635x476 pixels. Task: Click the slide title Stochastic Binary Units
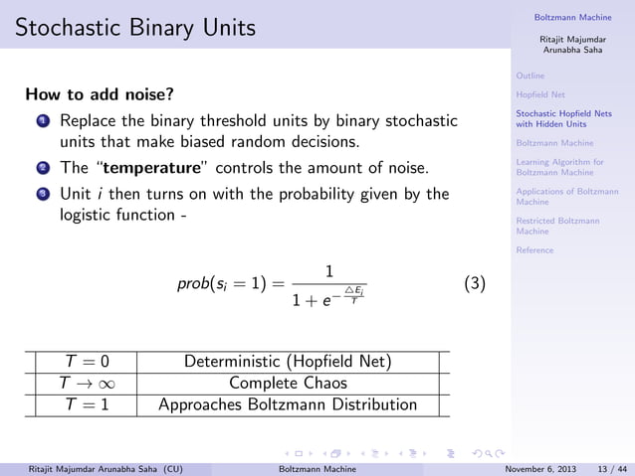pos(134,29)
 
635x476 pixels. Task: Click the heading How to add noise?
pos(100,95)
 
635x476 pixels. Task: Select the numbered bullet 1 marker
pos(44,122)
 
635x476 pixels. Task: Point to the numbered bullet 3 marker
pos(44,194)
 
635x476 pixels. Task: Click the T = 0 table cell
pos(85,362)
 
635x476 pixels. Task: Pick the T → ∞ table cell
pos(85,383)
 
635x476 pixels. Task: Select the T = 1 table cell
pos(85,404)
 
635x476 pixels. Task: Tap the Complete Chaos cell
pos(288,383)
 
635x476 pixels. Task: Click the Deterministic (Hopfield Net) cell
pos(288,362)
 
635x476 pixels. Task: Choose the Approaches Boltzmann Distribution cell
pos(288,404)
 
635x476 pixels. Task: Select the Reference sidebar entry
pos(534,250)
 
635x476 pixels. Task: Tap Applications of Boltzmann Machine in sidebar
pos(568,196)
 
